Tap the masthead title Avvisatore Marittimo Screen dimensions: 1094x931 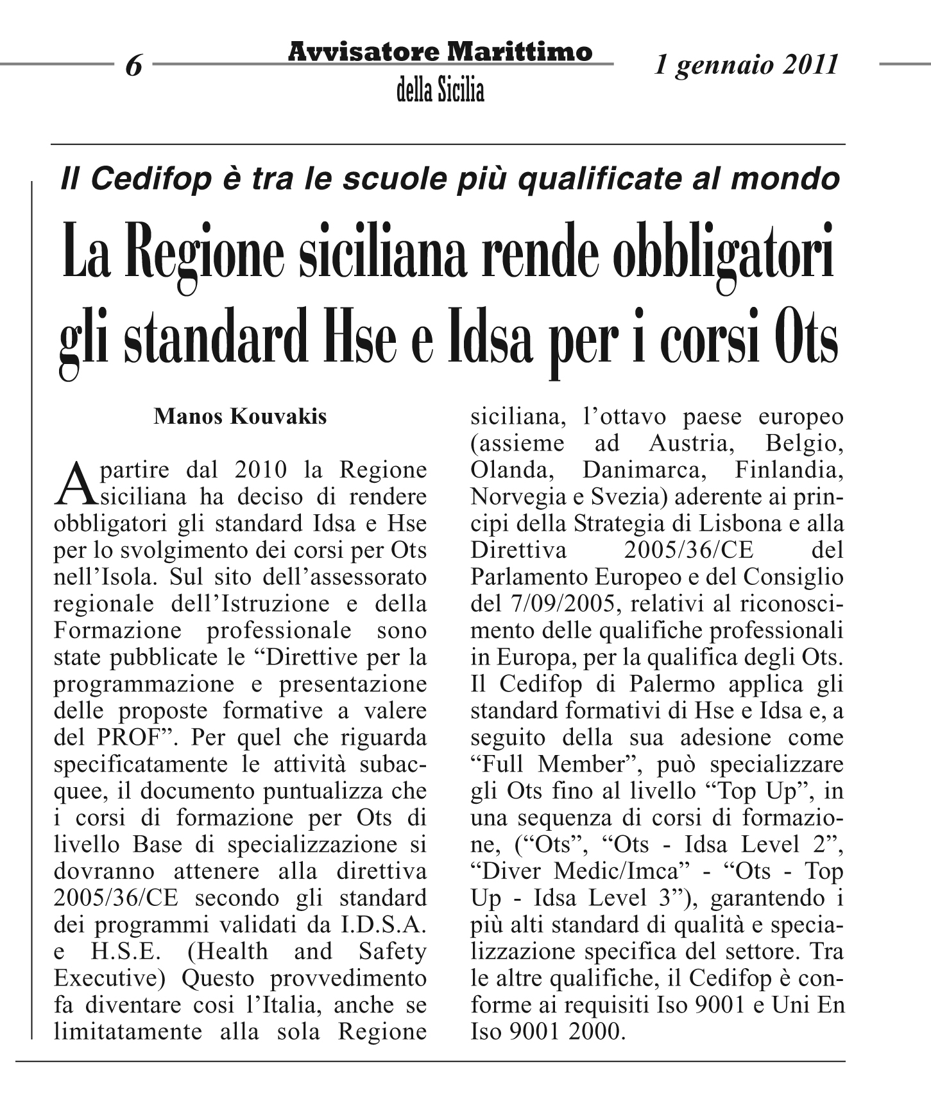[440, 51]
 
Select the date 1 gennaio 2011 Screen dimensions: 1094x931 [746, 65]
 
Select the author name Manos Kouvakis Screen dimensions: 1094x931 [240, 417]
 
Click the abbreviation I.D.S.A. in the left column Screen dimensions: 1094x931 [391, 925]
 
